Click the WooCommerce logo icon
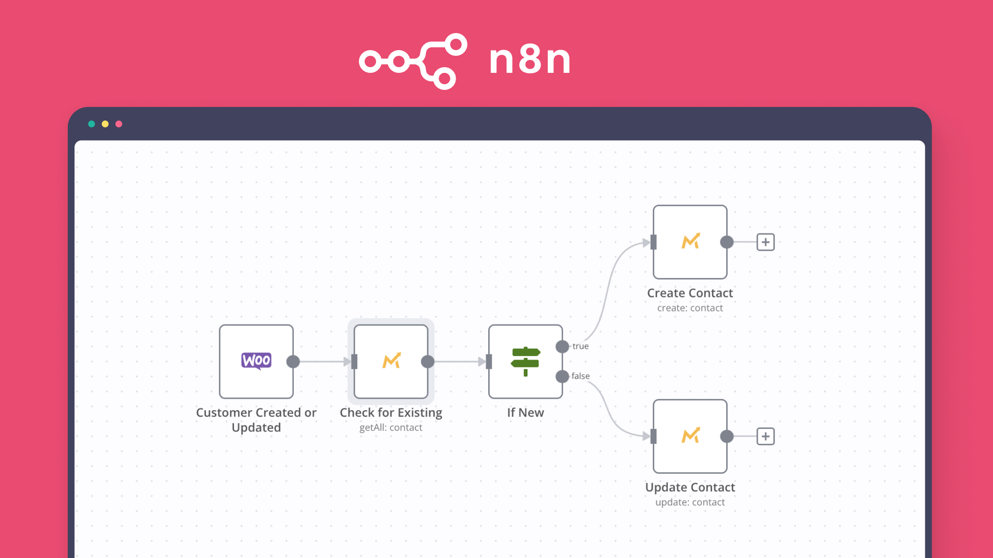pyautogui.click(x=256, y=361)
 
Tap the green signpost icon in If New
pyautogui.click(x=525, y=361)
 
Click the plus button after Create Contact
pyautogui.click(x=765, y=242)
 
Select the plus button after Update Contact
pyautogui.click(x=765, y=436)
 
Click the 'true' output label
pyautogui.click(x=580, y=346)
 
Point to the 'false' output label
pyautogui.click(x=580, y=376)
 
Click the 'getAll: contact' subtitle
pyautogui.click(x=390, y=428)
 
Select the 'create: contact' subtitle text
pyautogui.click(x=690, y=308)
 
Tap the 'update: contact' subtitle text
pyautogui.click(x=690, y=502)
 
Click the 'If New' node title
pyautogui.click(x=525, y=412)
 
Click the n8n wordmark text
pyautogui.click(x=530, y=59)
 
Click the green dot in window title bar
pyautogui.click(x=92, y=124)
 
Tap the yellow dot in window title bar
pyautogui.click(x=105, y=124)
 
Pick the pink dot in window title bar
pyautogui.click(x=119, y=124)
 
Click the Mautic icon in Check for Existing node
pyautogui.click(x=392, y=361)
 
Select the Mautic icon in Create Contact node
pyautogui.click(x=690, y=241)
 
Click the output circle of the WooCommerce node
pyautogui.click(x=293, y=362)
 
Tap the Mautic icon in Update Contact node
pyautogui.click(x=690, y=436)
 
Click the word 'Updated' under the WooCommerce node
pyautogui.click(x=256, y=428)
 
